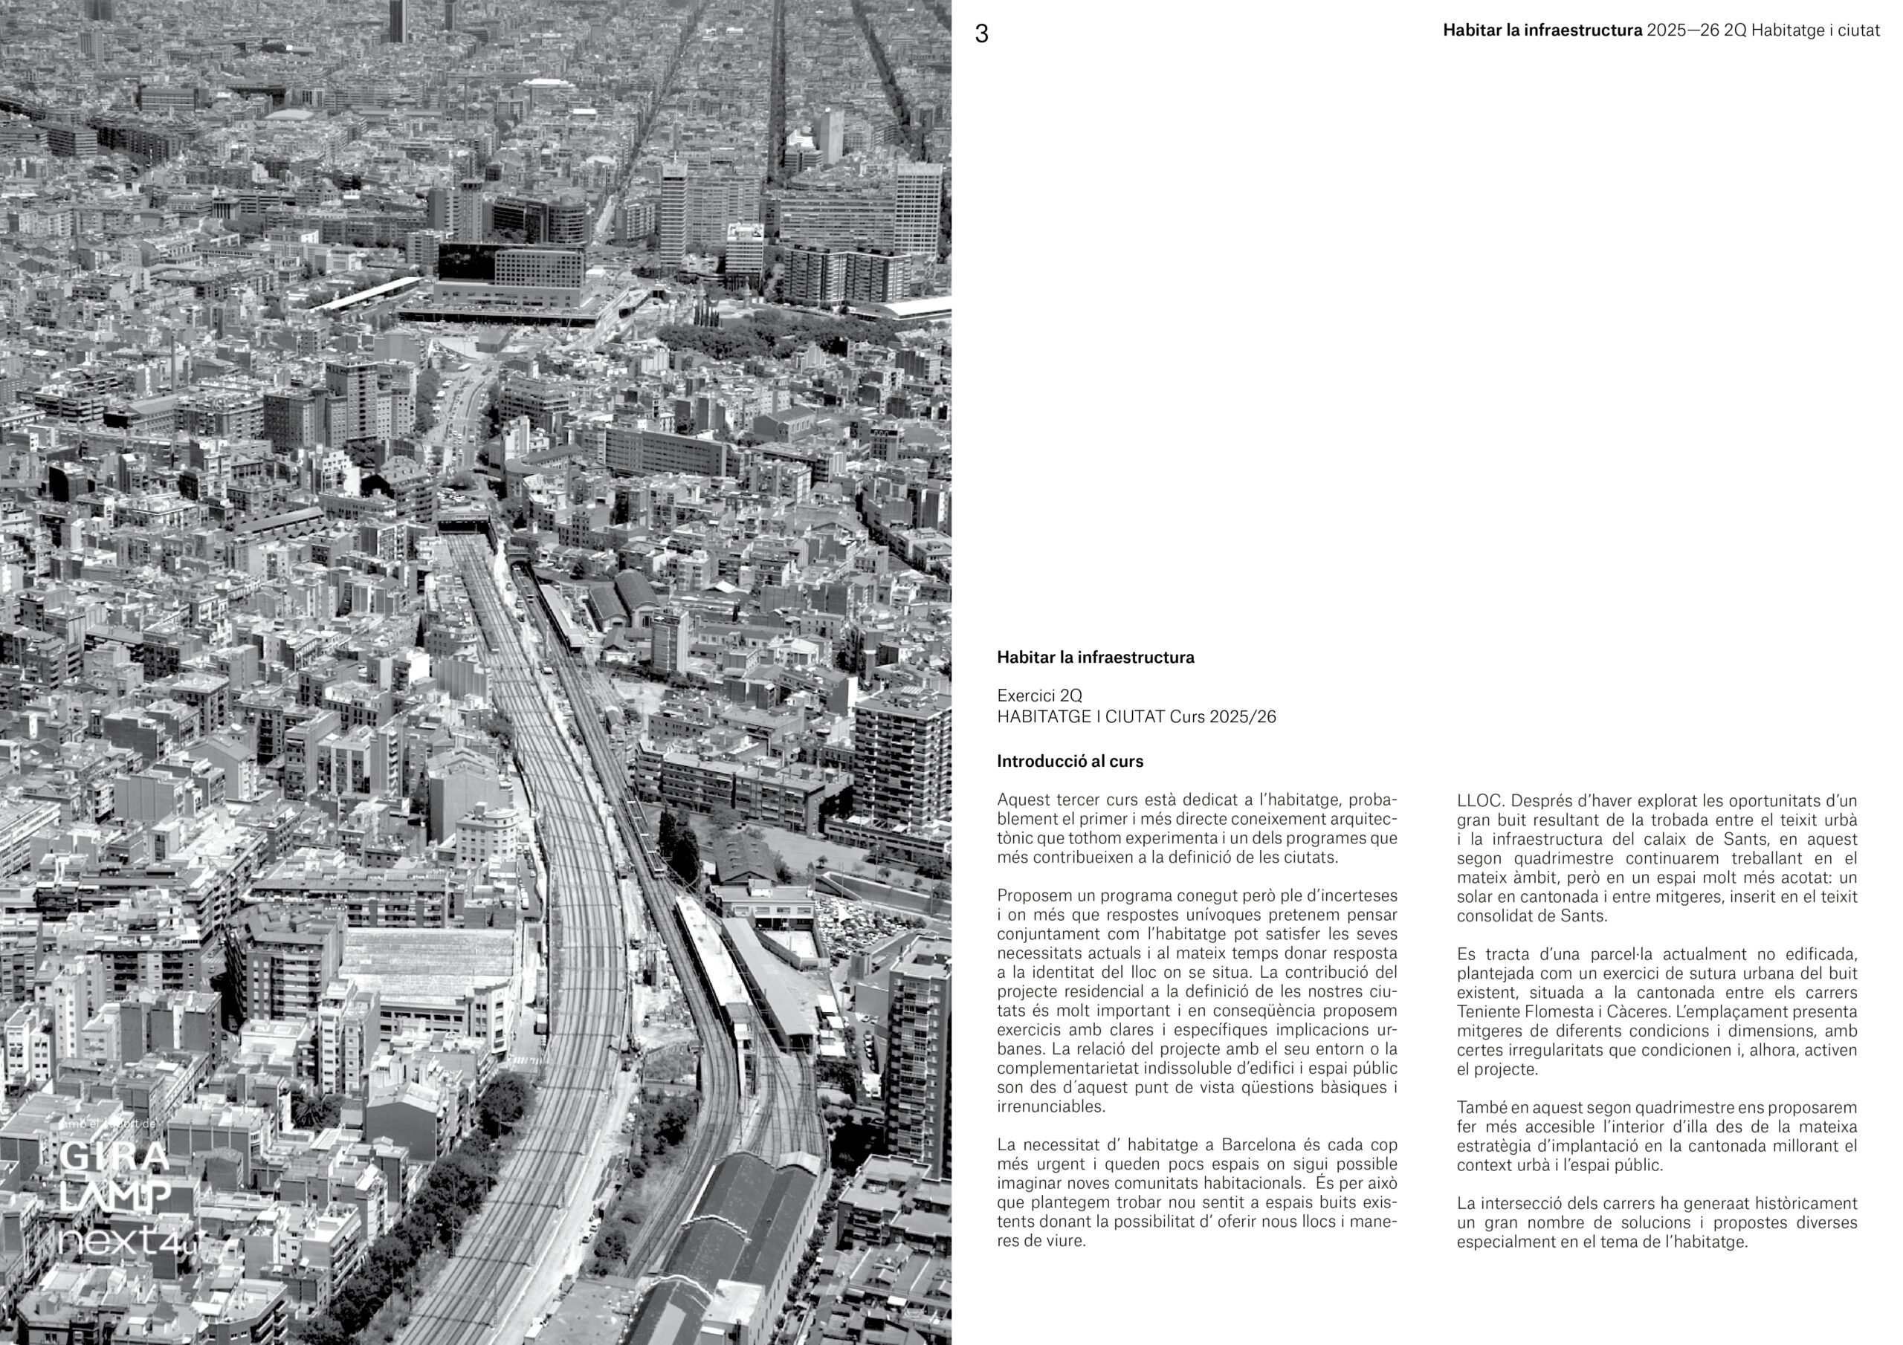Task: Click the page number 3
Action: pyautogui.click(x=981, y=34)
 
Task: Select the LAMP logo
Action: pyautogui.click(x=115, y=1196)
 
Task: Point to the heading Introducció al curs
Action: pyautogui.click(x=1069, y=761)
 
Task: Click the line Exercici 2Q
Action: pyautogui.click(x=1038, y=696)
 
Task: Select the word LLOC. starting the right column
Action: pyautogui.click(x=1479, y=800)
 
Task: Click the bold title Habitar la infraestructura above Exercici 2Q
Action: pyautogui.click(x=1095, y=657)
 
